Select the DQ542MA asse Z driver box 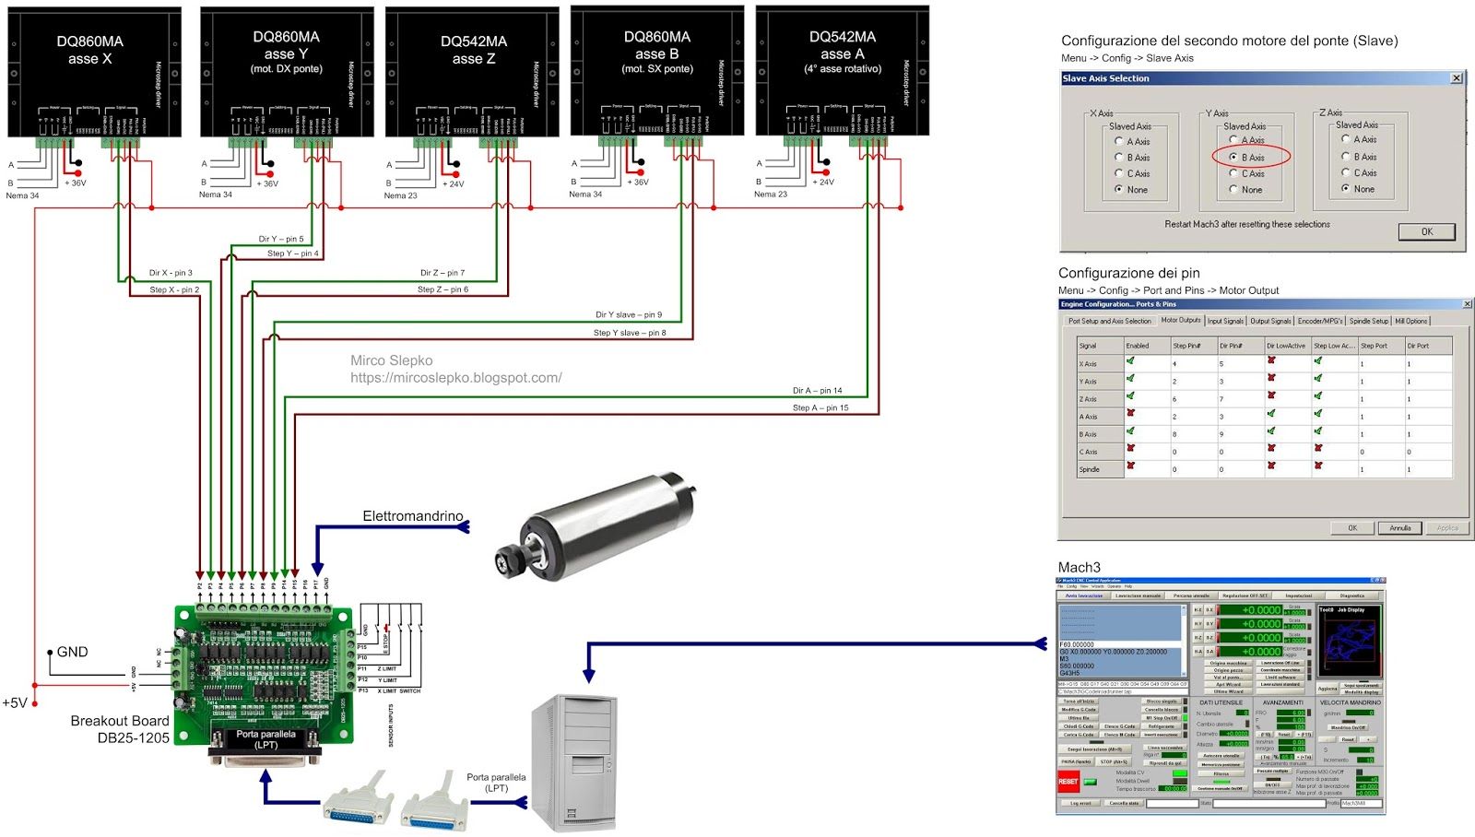(473, 69)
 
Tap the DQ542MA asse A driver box (842, 69)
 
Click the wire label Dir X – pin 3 (171, 273)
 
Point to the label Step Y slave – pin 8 (630, 333)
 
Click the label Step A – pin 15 (820, 407)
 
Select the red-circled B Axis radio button (1233, 158)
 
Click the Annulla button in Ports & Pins (1399, 528)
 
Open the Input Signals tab (1225, 321)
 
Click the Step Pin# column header (1186, 346)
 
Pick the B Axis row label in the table (1089, 434)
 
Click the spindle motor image (590, 525)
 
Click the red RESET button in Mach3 (1068, 782)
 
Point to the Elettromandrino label (412, 516)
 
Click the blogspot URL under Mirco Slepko (455, 378)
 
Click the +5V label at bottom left (15, 703)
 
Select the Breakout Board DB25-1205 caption (120, 729)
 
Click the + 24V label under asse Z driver (454, 184)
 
